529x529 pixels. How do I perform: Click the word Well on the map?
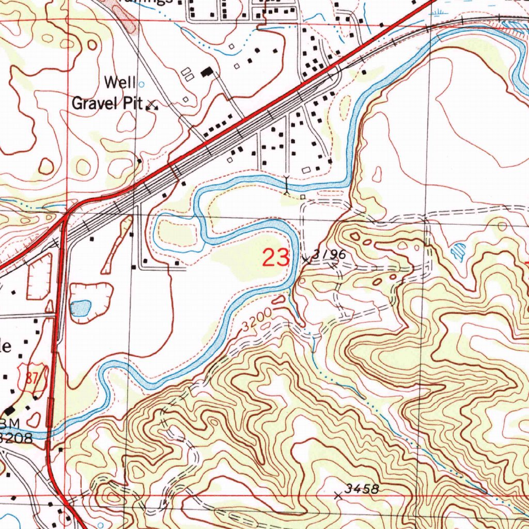pyautogui.click(x=120, y=82)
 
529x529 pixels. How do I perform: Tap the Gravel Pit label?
pyautogui.click(x=106, y=103)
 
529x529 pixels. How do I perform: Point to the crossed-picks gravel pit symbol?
pyautogui.click(x=152, y=105)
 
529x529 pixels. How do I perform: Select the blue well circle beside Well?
pyautogui.click(x=142, y=83)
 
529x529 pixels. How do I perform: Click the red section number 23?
pyautogui.click(x=276, y=257)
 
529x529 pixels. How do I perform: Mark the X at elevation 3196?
pyautogui.click(x=308, y=259)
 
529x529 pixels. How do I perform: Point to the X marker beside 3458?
pyautogui.click(x=339, y=495)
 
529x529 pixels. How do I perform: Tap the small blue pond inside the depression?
pyautogui.click(x=81, y=308)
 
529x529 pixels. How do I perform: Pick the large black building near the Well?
pyautogui.click(x=207, y=72)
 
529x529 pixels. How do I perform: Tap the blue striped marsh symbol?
pyautogui.click(x=458, y=252)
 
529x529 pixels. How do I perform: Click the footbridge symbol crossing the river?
pyautogui.click(x=287, y=184)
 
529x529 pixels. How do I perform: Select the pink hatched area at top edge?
pyautogui.click(x=122, y=13)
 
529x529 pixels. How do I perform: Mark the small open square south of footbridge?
pyautogui.click(x=303, y=197)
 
